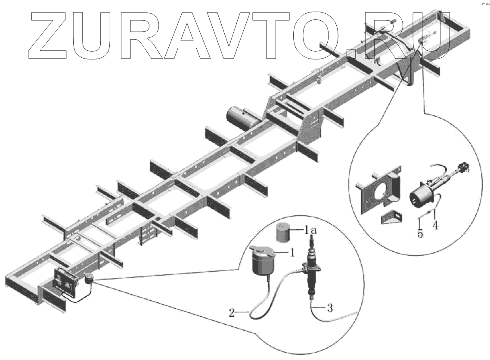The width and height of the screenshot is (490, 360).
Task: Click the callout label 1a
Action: click(312, 231)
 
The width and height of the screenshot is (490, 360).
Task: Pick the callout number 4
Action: click(436, 225)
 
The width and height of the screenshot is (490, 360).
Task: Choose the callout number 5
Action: click(420, 233)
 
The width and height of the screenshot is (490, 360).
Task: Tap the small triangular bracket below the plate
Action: click(391, 217)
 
